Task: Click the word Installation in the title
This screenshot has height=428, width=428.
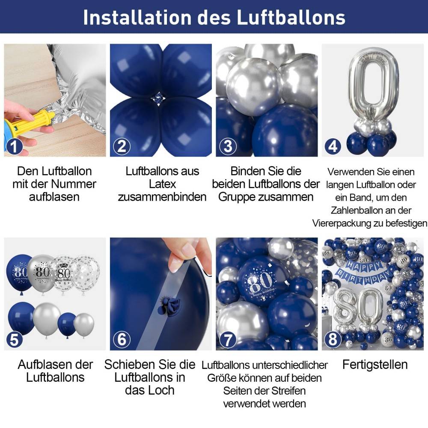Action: click(x=137, y=18)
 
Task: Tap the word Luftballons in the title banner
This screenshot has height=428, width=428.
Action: click(x=291, y=18)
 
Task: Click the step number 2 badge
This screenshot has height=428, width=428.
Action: click(x=122, y=146)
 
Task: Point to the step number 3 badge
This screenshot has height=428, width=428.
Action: click(x=228, y=146)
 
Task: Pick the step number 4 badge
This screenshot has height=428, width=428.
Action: click(x=333, y=146)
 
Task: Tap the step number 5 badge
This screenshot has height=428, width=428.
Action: click(x=14, y=340)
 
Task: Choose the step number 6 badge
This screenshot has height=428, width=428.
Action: click(x=122, y=340)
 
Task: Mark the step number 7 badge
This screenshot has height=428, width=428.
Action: click(x=228, y=340)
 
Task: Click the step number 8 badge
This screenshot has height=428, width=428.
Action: click(x=333, y=340)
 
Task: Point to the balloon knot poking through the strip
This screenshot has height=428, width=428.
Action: click(x=169, y=306)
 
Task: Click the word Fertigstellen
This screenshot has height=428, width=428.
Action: click(x=375, y=365)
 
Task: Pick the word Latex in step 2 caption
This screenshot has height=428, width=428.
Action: click(x=162, y=184)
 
